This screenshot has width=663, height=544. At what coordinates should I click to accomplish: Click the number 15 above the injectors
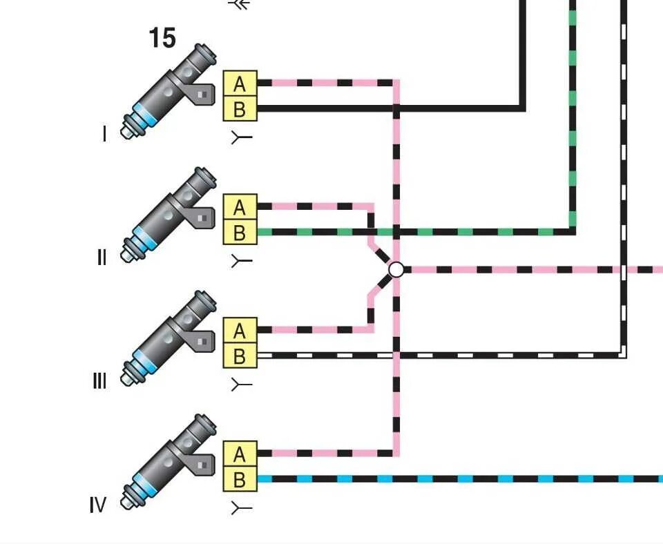click(162, 38)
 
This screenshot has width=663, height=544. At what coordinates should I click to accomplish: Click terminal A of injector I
click(240, 84)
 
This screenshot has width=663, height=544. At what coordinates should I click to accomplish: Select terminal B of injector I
click(240, 108)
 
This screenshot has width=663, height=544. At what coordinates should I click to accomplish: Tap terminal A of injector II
click(240, 206)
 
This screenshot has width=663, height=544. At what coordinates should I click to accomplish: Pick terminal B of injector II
click(240, 232)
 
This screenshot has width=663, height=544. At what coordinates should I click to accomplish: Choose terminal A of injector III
click(240, 330)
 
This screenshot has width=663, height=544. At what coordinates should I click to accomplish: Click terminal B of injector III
click(240, 356)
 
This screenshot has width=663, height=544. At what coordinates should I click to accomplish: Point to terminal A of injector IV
click(240, 454)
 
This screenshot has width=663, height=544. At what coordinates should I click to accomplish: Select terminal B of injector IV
click(240, 478)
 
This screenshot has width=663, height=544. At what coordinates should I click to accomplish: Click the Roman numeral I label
click(105, 134)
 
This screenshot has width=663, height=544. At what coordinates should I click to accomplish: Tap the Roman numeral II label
click(102, 258)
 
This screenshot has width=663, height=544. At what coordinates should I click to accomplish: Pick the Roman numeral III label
click(99, 381)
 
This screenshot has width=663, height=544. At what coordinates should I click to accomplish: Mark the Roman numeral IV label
click(98, 505)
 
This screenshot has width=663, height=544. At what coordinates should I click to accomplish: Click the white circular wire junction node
click(396, 269)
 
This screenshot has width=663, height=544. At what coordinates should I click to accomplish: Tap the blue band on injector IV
click(144, 483)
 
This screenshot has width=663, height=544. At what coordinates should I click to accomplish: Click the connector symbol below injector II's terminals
click(240, 261)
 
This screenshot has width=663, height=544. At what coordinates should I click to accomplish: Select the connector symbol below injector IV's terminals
click(240, 509)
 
